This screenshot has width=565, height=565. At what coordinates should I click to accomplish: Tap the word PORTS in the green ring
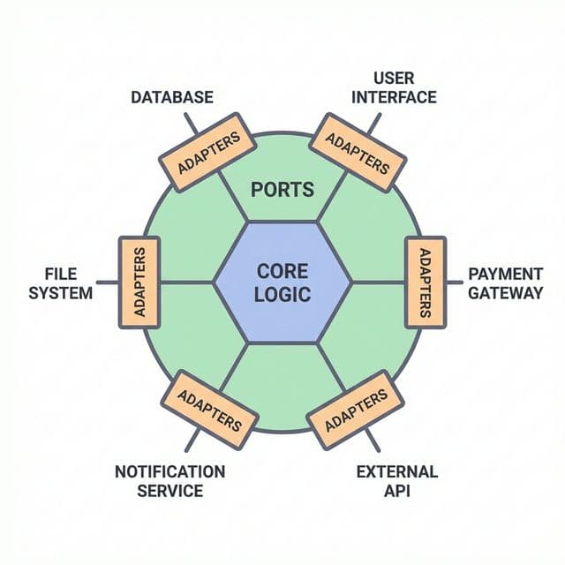coord(282,190)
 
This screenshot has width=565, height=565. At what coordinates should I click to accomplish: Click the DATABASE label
coord(171,97)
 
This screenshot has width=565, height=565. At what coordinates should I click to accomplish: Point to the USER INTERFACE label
coord(394,87)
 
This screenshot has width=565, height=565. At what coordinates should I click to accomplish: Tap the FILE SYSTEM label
coord(60,282)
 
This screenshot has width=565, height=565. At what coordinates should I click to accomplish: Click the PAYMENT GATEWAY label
coord(505,282)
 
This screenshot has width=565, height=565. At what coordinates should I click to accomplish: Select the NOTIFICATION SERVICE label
coord(169,480)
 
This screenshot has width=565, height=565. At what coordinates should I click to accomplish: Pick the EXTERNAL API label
coord(396,480)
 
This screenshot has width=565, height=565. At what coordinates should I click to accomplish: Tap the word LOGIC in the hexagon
coord(282,294)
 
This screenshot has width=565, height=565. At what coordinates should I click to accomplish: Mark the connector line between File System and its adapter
coord(107,282)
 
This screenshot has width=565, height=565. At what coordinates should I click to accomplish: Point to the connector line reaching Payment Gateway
coord(451,282)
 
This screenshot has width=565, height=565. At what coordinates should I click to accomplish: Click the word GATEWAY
coord(505,292)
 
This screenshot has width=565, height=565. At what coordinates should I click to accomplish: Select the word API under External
coord(396,490)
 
